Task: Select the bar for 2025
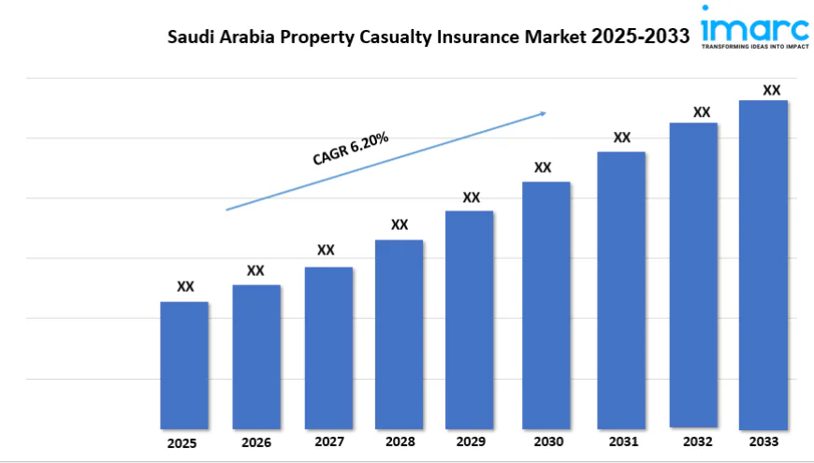[184, 365]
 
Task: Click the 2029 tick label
[471, 441]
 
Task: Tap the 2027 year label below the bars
[328, 441]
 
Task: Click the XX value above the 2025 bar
[186, 286]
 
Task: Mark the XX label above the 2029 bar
[472, 197]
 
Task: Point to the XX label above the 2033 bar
[771, 90]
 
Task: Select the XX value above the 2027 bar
[326, 250]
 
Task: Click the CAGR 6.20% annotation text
[350, 150]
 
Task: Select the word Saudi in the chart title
[190, 37]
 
